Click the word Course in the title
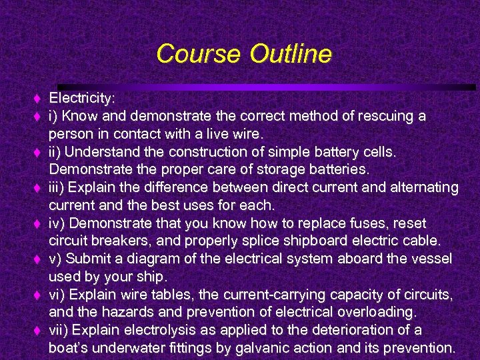tap(200, 53)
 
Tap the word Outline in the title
tap(291, 53)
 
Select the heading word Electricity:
tap(83, 99)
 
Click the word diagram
tap(148, 259)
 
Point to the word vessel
tap(431, 259)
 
